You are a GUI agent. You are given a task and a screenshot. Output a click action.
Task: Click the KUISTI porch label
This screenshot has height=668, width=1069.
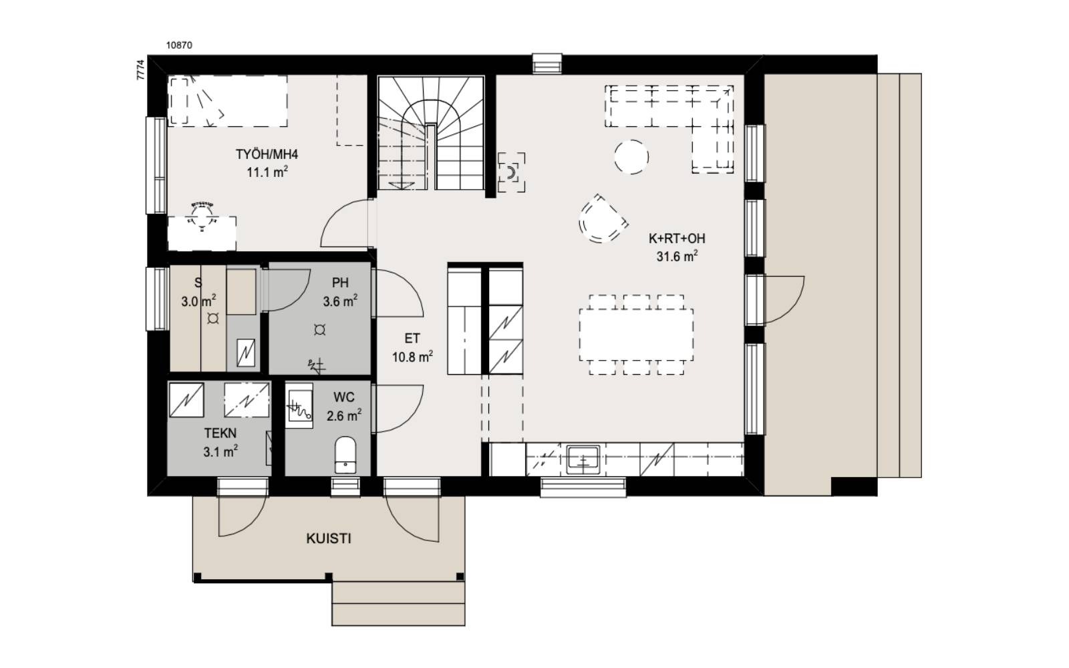click(x=328, y=538)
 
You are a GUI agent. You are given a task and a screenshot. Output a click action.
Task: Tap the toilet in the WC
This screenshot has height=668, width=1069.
click(x=345, y=455)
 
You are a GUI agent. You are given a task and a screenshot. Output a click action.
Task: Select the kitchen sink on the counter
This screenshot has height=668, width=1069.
click(x=583, y=460)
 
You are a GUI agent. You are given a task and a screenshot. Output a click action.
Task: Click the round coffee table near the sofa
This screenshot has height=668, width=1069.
click(x=631, y=157)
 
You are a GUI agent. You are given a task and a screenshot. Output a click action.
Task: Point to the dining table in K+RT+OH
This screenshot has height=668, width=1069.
click(x=636, y=335)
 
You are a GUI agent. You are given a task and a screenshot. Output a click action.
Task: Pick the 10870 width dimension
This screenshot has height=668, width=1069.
click(x=179, y=45)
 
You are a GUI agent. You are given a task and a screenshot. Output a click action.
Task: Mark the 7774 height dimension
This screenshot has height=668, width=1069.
click(x=140, y=69)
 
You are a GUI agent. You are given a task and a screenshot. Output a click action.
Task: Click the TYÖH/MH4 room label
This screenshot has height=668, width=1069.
click(x=267, y=154)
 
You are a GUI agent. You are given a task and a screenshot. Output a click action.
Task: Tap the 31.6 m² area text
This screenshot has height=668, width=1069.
click(x=677, y=257)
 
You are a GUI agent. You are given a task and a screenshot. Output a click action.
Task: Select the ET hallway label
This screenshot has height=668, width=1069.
click(x=412, y=339)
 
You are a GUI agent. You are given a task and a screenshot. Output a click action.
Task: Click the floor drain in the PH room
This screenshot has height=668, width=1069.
click(x=320, y=329)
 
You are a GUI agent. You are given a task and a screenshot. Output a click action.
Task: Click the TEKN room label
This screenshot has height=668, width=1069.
click(x=220, y=434)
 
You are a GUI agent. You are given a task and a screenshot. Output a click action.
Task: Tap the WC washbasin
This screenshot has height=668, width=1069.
click(x=299, y=405)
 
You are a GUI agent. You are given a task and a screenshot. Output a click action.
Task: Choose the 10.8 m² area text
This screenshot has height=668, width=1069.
click(x=412, y=357)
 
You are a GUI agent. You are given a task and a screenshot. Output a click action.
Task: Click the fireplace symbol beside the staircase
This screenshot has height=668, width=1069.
click(x=512, y=173)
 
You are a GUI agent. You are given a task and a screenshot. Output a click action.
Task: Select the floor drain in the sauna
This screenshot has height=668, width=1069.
click(x=213, y=319)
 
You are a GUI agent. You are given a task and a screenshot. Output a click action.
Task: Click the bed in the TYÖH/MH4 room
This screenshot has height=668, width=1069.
click(x=228, y=101)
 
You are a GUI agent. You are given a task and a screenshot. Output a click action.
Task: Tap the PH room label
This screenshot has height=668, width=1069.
click(x=340, y=283)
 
